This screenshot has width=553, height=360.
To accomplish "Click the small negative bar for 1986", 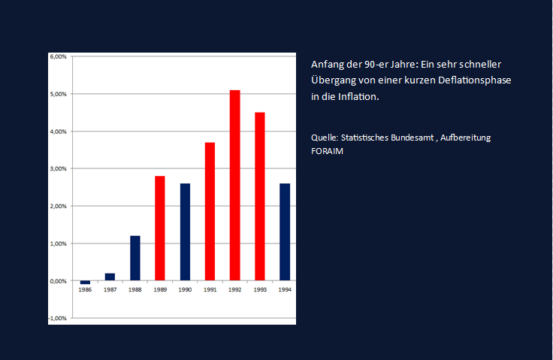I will point(85,283).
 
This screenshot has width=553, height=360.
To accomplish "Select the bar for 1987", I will point(110,277).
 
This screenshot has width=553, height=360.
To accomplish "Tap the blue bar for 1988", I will point(135,259).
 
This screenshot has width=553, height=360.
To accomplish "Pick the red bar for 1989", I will point(160,228).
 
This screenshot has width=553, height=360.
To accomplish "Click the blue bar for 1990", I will point(185,232).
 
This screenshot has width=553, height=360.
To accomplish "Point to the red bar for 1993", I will point(260,197).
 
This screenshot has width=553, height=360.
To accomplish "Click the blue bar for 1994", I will point(285,232).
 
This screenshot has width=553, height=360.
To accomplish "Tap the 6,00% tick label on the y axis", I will point(58,57).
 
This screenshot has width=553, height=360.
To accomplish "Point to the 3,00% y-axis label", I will point(58,169).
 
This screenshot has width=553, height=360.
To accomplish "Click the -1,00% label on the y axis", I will point(57,319).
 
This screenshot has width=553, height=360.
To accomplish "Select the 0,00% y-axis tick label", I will point(58,281).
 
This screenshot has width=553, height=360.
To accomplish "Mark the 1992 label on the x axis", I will point(234,289).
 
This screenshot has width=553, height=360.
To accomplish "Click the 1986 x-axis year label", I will point(85,289).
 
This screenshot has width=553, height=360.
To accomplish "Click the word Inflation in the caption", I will point(357,98).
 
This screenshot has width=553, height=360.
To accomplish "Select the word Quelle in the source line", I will point(324,138).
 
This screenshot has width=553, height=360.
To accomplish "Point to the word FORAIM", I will point(327,150).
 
